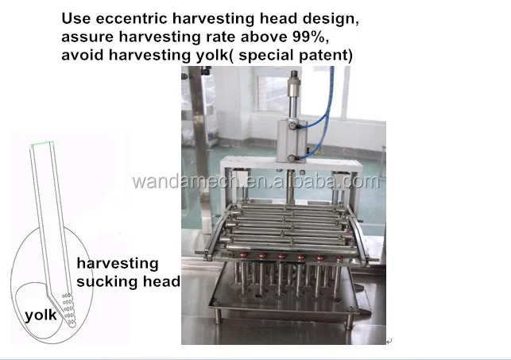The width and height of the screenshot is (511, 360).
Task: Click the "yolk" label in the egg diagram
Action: (41, 315)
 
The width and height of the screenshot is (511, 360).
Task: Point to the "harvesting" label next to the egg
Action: (117, 263)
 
